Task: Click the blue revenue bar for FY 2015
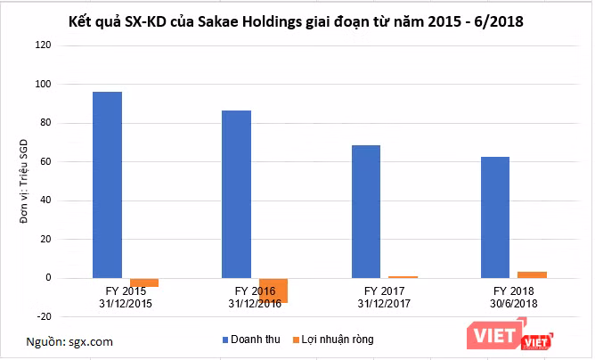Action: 107,184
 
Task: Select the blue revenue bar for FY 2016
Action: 236,194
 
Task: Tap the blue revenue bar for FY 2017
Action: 365,211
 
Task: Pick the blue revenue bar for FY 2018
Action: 495,217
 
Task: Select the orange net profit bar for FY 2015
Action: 143,282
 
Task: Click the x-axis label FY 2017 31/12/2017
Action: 384,298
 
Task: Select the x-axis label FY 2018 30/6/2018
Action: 513,298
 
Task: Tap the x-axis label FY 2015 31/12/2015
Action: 126,298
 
